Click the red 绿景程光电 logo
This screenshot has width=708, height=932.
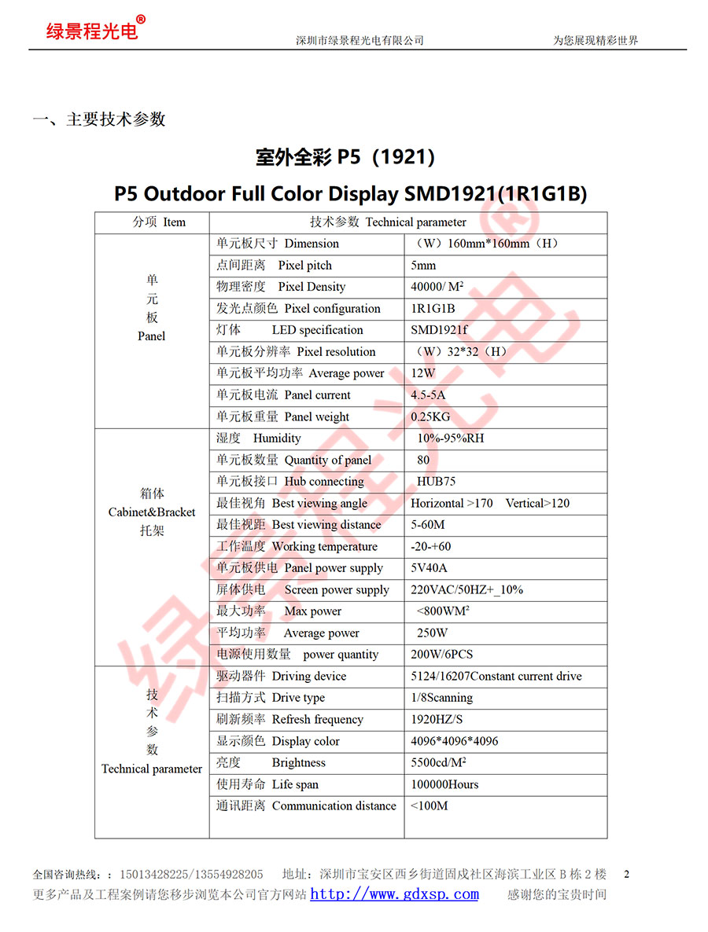93,31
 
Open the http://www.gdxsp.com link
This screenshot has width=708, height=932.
394,894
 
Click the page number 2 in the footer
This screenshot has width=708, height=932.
626,873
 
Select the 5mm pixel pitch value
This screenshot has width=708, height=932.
423,266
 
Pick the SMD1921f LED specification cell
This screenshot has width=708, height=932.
439,330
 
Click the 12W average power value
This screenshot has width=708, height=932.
423,373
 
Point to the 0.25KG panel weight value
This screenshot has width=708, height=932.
430,416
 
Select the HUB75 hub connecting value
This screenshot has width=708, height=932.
436,481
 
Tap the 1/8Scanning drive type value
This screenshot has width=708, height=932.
441,698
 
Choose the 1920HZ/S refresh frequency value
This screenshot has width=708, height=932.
437,719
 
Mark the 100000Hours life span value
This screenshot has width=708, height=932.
444,784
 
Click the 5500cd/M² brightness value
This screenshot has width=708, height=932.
438,762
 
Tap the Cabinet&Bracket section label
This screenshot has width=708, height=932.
152,512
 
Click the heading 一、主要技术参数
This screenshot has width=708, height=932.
99,119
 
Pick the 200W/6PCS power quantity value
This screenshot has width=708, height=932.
441,655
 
